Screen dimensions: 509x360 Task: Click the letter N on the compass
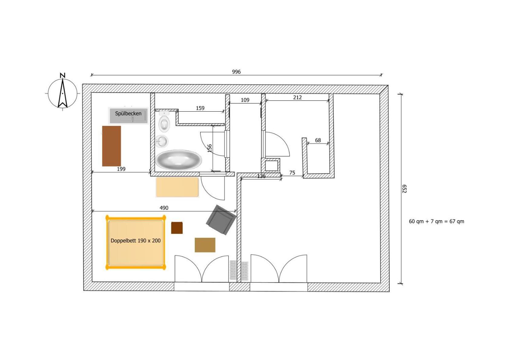[62, 75]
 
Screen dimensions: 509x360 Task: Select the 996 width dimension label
[236, 72]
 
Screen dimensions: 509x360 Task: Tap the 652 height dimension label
[404, 189]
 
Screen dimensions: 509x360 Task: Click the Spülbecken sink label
[128, 113]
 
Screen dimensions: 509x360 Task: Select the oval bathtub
[179, 160]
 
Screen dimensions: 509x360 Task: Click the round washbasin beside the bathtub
[162, 141]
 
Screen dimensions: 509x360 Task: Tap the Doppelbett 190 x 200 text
[136, 241]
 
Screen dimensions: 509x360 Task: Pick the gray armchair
[221, 220]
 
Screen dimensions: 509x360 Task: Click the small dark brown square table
[177, 227]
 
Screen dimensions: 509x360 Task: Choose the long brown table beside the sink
[111, 146]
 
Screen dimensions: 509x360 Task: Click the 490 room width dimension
[164, 208]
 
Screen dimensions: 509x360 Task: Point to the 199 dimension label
[121, 169]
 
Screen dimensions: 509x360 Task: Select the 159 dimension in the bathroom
[200, 108]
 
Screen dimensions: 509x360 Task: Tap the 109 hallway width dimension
[245, 100]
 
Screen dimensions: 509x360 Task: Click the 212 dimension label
[297, 97]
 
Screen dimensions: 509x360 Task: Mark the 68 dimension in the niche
[318, 140]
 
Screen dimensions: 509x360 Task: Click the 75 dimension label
[292, 173]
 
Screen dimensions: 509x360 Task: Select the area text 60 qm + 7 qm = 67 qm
[436, 221]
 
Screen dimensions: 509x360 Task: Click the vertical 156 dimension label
[210, 148]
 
